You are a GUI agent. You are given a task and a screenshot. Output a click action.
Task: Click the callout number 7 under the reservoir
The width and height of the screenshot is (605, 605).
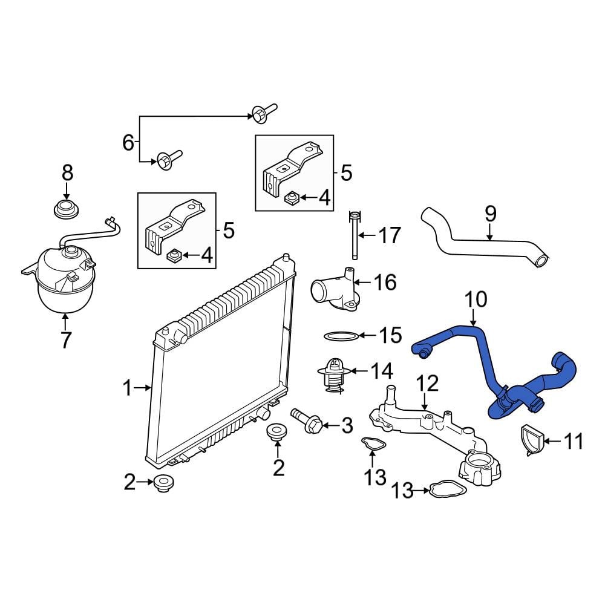[x=66, y=339]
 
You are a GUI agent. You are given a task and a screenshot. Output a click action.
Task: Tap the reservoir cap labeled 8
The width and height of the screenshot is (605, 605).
[x=66, y=209]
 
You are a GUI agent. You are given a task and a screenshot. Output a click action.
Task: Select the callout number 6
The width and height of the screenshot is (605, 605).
[x=128, y=142]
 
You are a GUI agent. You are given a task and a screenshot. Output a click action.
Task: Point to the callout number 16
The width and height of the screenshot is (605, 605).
[x=385, y=282]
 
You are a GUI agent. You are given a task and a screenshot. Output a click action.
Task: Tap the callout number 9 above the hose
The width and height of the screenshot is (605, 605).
[x=490, y=214]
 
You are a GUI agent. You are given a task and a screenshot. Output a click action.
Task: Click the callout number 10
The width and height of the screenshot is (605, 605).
[x=476, y=299]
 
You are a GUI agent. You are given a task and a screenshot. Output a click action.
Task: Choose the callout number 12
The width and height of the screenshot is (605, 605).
[x=428, y=383]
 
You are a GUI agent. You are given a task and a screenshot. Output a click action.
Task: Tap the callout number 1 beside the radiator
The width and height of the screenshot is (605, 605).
[x=128, y=388]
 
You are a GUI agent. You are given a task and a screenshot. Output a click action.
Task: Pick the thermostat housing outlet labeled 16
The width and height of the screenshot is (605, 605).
[x=335, y=292]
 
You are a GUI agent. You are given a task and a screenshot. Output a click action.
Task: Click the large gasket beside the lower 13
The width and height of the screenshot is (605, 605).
[x=448, y=489]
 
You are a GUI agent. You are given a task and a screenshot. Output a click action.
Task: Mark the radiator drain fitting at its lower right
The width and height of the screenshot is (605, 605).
[x=263, y=413]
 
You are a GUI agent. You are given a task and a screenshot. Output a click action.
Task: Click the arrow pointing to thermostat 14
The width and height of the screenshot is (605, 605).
[x=358, y=371]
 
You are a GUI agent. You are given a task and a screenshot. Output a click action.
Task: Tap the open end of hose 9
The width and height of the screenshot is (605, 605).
[x=541, y=261]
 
